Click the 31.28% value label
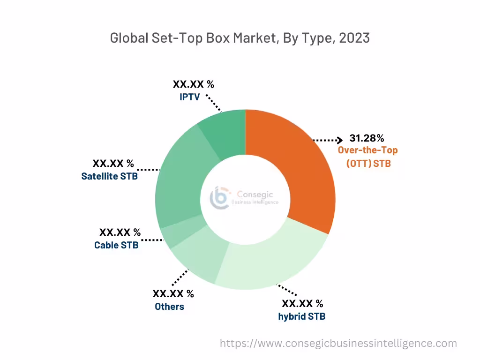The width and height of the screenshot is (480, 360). tap(367, 138)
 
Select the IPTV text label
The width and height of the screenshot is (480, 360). tap(189, 97)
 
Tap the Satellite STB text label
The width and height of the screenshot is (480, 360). tap(109, 177)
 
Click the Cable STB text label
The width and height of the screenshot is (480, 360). tap(116, 245)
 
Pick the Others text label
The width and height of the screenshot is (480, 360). tap(169, 307)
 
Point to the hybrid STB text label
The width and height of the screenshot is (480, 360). tap(301, 316)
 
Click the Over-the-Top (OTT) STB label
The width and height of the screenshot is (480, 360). tap(368, 157)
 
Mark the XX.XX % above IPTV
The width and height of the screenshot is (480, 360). tap(193, 84)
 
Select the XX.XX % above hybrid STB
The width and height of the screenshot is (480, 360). tap(302, 303)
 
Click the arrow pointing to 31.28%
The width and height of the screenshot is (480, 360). tap(328, 140)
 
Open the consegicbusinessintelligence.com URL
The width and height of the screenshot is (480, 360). tap(338, 343)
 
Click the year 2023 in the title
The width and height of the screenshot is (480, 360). tap(354, 38)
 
